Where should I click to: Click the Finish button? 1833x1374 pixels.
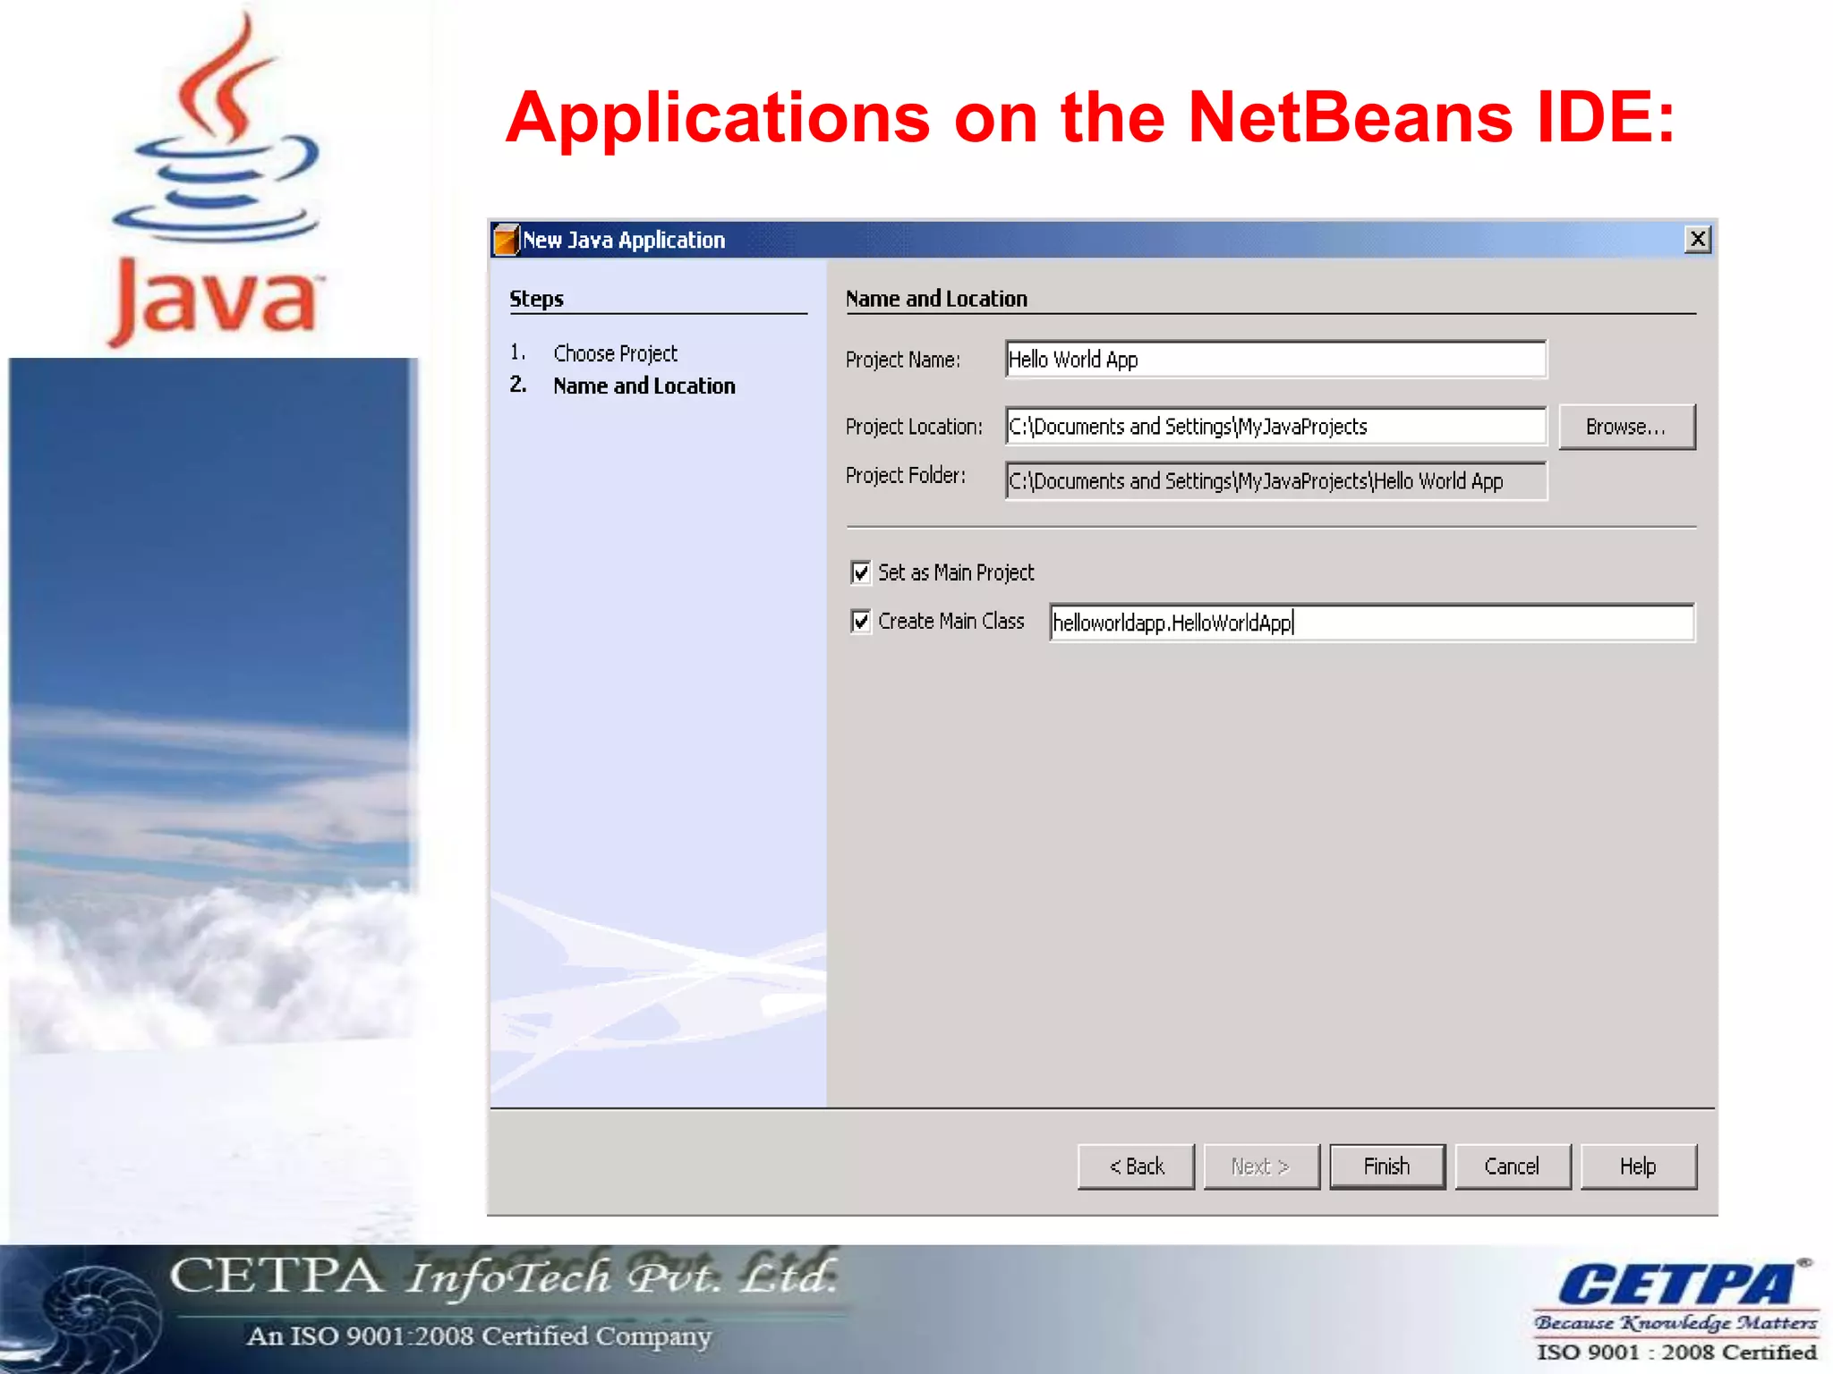coord(1386,1166)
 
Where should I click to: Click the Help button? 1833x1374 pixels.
coord(1638,1166)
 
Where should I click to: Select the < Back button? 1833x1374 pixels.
coord(1136,1166)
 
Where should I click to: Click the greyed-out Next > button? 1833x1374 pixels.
coord(1261,1166)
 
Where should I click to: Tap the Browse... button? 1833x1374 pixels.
coord(1626,427)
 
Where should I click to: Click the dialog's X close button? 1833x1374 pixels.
coord(1697,239)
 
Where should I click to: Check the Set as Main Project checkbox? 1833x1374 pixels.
coord(861,572)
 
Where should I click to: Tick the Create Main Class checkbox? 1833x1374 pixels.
coord(861,621)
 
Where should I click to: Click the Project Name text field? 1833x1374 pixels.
coord(1275,360)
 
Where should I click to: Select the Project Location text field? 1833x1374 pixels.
coord(1275,427)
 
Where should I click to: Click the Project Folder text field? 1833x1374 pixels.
coord(1275,481)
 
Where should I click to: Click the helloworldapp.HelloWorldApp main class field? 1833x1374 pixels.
coord(1371,623)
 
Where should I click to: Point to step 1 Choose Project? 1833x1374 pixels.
coord(615,353)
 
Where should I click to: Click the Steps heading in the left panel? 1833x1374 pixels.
coord(536,299)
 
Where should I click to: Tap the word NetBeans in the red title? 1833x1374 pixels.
coord(1350,118)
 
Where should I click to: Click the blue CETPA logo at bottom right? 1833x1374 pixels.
coord(1675,1285)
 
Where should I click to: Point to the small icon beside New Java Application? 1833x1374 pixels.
coord(507,240)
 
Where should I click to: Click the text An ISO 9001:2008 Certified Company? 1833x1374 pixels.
coord(479,1336)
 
